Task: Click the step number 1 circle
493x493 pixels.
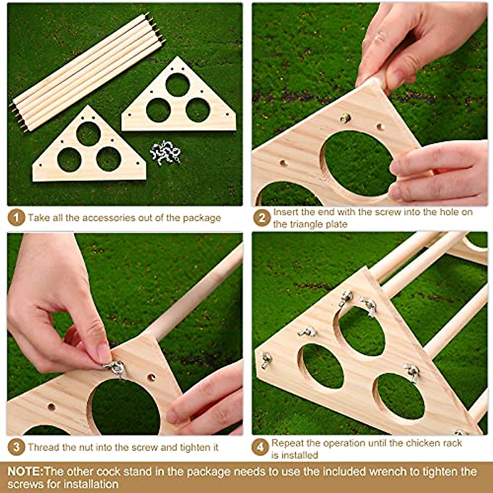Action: pyautogui.click(x=16, y=218)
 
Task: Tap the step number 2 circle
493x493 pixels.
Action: pyautogui.click(x=262, y=218)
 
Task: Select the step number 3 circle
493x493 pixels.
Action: pyautogui.click(x=16, y=447)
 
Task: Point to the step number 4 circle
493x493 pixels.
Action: pyautogui.click(x=260, y=447)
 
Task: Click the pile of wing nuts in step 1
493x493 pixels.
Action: pyautogui.click(x=165, y=152)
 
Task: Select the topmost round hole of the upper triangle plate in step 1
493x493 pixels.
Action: pyautogui.click(x=177, y=85)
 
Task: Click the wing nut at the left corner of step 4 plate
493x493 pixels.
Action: pyautogui.click(x=266, y=360)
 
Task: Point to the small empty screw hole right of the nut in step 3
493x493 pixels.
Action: pyautogui.click(x=152, y=376)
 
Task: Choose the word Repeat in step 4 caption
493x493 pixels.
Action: pyautogui.click(x=288, y=443)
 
